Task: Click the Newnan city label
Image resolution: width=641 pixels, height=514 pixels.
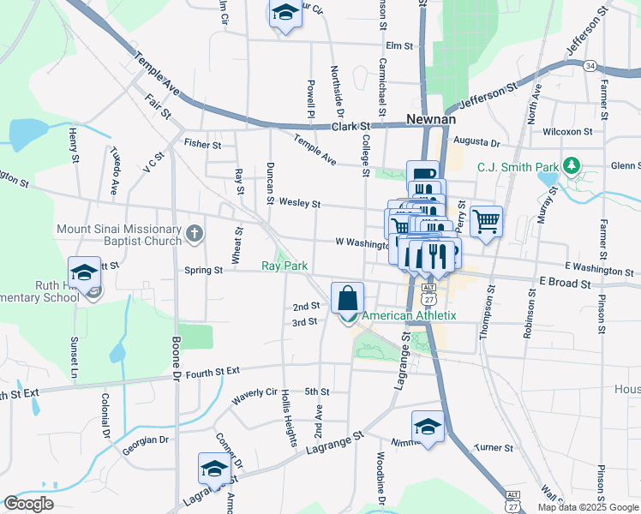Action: pyautogui.click(x=430, y=119)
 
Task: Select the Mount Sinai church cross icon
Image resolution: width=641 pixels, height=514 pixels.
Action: pyautogui.click(x=195, y=231)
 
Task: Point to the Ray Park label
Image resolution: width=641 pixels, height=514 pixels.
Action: pyautogui.click(x=285, y=266)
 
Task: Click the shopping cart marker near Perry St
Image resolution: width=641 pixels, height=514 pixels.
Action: pyautogui.click(x=486, y=221)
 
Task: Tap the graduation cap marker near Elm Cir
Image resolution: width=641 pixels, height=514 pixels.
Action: pyautogui.click(x=285, y=14)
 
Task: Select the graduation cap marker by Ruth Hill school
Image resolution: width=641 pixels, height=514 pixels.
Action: pyautogui.click(x=84, y=272)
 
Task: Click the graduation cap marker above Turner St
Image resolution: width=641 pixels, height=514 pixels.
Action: pyautogui.click(x=428, y=427)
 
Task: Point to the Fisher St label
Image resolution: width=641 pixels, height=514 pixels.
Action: pyautogui.click(x=202, y=145)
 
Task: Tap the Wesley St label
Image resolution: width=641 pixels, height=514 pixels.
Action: pyautogui.click(x=299, y=204)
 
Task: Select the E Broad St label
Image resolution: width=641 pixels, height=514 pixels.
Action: pyautogui.click(x=565, y=282)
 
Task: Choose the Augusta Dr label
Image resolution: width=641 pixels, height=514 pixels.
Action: pyautogui.click(x=476, y=141)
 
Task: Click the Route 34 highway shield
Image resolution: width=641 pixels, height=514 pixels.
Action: pyautogui.click(x=590, y=65)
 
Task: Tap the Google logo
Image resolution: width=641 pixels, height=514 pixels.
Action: pyautogui.click(x=28, y=504)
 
